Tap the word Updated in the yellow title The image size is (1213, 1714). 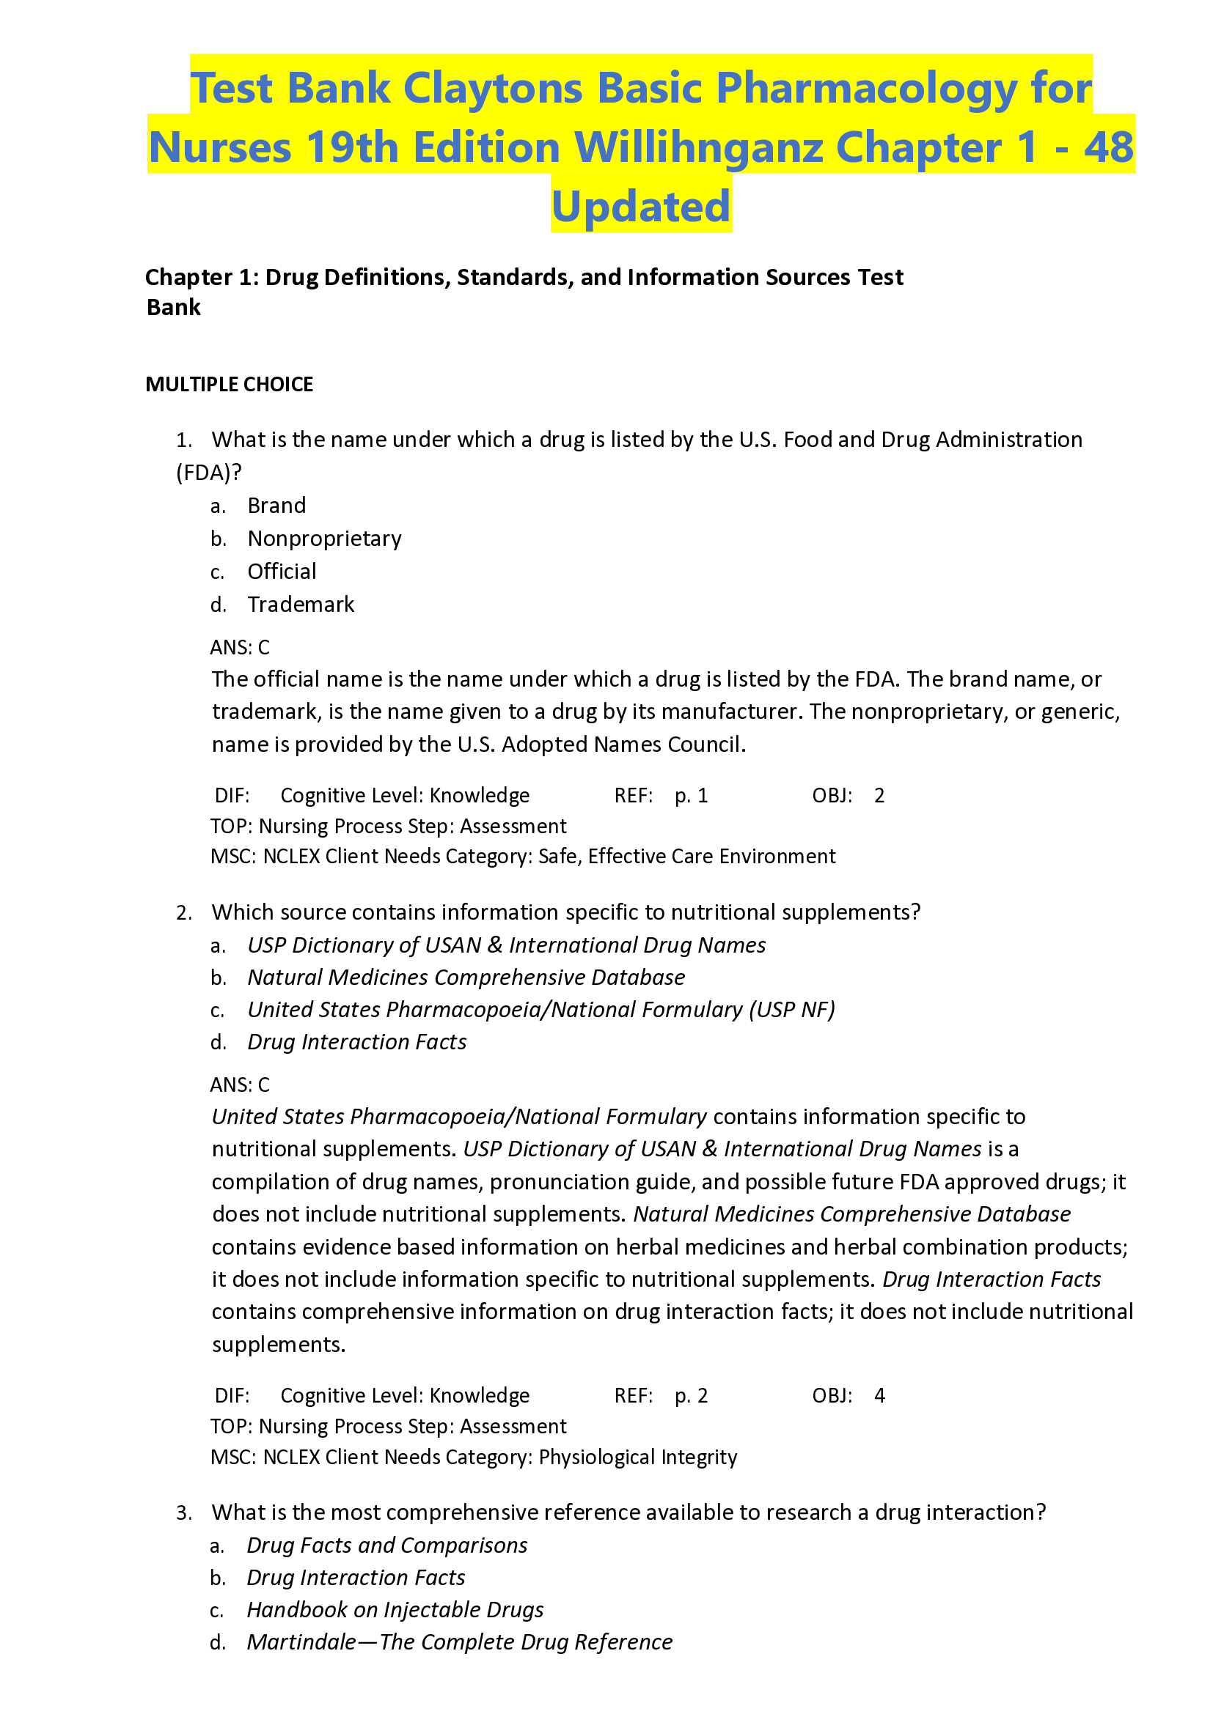641,207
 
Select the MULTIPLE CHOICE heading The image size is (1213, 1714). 229,385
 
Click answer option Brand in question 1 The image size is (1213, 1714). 276,506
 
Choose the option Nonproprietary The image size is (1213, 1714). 324,539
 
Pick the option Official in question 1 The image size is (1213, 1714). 282,572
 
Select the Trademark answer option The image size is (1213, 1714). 300,605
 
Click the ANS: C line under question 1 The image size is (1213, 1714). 240,647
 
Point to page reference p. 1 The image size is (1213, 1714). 691,796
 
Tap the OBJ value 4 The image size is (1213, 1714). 879,1396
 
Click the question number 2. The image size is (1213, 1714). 184,913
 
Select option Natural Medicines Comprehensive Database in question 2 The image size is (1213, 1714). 466,978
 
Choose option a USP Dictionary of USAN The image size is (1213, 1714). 506,946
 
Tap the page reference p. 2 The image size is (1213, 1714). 691,1396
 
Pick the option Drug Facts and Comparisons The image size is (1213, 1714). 387,1545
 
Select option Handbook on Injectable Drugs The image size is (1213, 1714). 395,1609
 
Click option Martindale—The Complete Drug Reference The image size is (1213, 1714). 459,1642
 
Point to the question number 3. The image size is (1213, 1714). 184,1513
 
